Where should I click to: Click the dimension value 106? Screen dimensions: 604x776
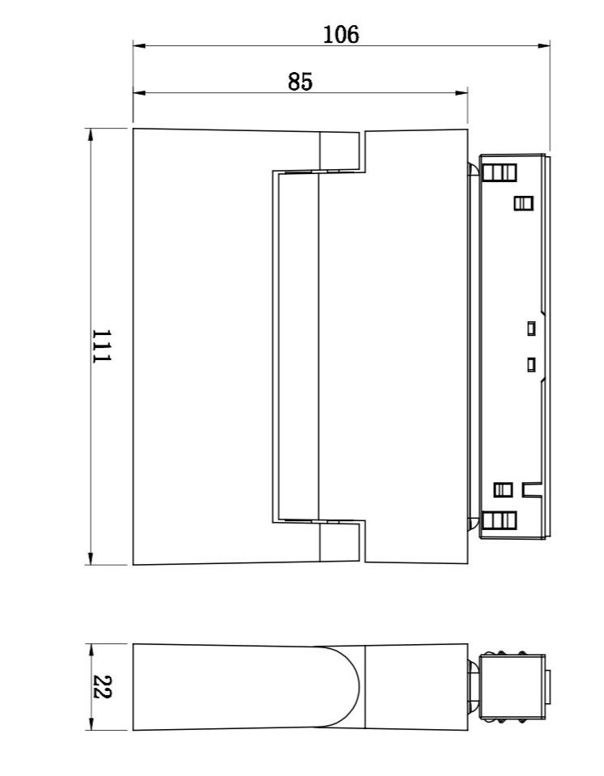[x=341, y=35]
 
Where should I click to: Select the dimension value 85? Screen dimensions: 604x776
[x=300, y=82]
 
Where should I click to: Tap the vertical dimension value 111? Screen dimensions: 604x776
[x=102, y=346]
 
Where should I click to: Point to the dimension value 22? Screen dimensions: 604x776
[x=102, y=686]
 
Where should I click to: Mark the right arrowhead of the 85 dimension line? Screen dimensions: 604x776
[x=462, y=92]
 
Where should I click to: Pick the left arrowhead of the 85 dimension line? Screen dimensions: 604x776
[x=139, y=92]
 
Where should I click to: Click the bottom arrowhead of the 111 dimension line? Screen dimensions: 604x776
[x=90, y=558]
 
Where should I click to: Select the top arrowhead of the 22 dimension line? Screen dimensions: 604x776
[x=90, y=651]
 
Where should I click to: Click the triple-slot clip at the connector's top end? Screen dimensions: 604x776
[x=499, y=172]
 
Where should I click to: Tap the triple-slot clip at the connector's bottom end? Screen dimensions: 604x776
[x=499, y=520]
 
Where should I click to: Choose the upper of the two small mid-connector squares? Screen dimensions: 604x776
[x=531, y=328]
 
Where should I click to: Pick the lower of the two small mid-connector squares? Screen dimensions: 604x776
[x=531, y=365]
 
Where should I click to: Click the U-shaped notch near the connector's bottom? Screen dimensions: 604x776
[x=533, y=490]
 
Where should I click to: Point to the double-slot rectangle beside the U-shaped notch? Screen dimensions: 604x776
[x=503, y=490]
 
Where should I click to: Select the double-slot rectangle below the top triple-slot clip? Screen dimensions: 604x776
[x=523, y=203]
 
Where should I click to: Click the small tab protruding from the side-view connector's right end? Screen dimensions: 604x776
[x=548, y=687]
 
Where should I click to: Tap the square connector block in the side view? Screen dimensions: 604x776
[x=513, y=687]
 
